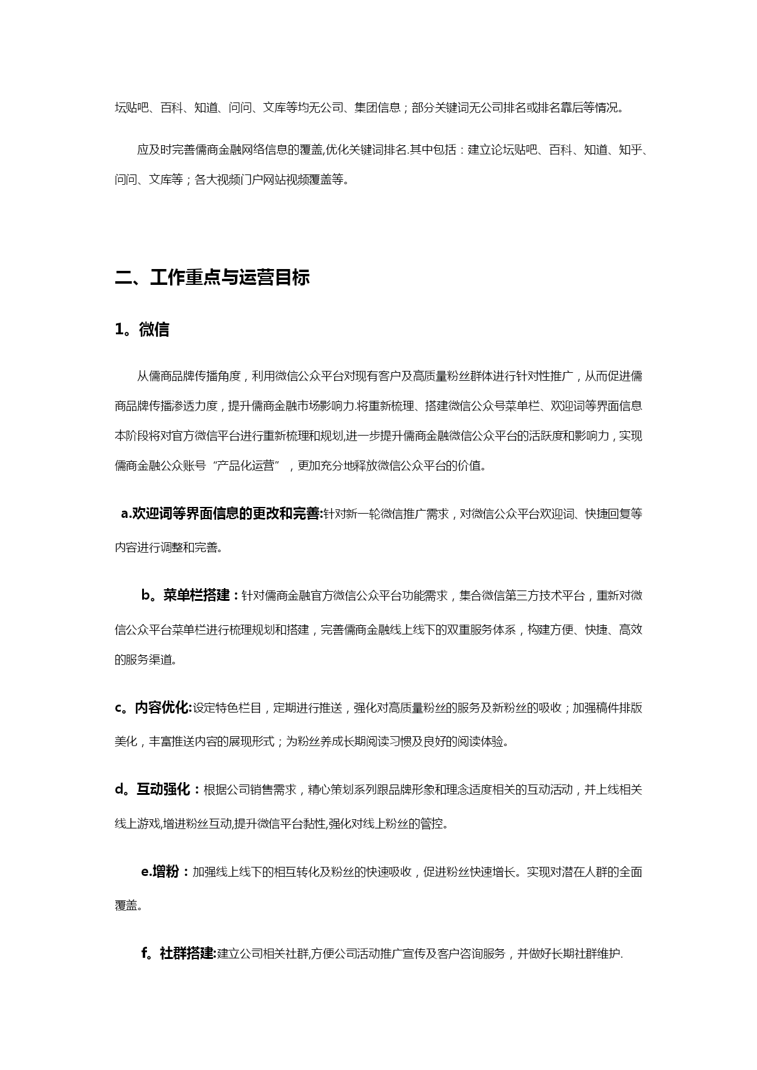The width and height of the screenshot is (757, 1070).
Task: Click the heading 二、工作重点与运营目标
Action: (212, 278)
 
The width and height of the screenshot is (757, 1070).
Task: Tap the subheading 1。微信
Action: (142, 329)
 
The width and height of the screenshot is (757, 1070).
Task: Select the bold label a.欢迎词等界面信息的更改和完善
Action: (221, 514)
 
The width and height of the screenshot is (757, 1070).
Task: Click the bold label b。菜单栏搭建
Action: (186, 595)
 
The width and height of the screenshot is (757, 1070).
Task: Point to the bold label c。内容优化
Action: (152, 708)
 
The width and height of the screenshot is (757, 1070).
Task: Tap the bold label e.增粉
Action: (161, 872)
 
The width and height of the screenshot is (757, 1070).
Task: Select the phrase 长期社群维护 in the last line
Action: (586, 953)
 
